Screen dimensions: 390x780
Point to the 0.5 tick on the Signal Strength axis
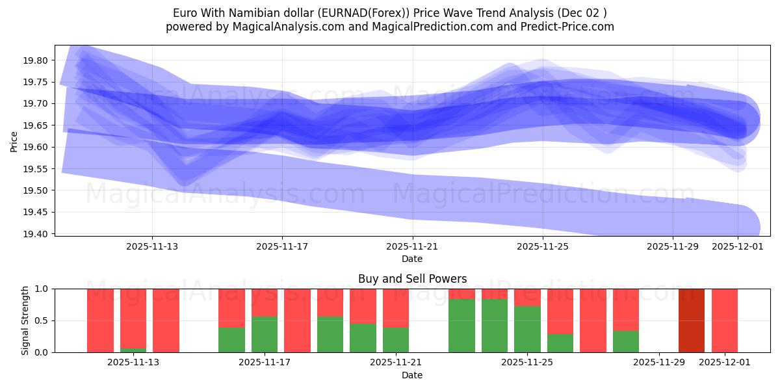click(42, 320)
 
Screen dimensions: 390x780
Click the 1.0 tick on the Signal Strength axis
click(42, 289)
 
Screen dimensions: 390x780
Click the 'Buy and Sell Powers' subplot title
click(412, 279)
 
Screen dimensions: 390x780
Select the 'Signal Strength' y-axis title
click(26, 320)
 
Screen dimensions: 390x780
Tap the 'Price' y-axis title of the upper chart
click(14, 140)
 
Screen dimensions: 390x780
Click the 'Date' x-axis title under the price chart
click(412, 259)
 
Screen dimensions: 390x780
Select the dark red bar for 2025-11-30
click(691, 320)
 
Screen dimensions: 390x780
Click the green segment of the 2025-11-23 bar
click(461, 326)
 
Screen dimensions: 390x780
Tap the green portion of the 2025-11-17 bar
click(265, 335)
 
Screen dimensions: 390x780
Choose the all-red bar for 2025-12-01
click(724, 320)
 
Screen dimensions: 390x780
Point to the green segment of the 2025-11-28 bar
click(626, 342)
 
